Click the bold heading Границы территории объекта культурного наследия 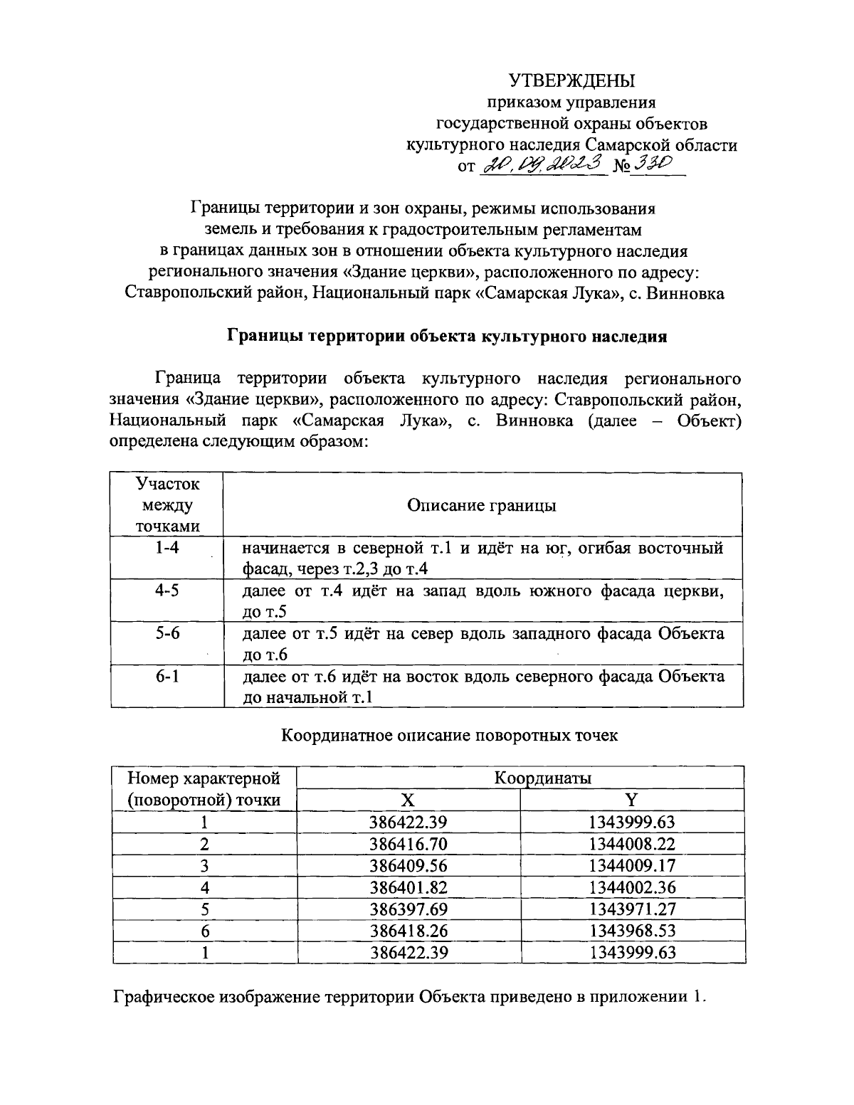(446, 336)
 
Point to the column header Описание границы (482, 505)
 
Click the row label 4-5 (167, 591)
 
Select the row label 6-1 (167, 676)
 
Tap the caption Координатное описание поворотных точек (449, 735)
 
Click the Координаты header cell (543, 778)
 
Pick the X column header (407, 800)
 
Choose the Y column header (631, 800)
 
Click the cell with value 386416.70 (408, 844)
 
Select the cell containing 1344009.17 (632, 865)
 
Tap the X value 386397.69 (408, 909)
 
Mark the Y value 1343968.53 (632, 930)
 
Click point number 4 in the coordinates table (204, 887)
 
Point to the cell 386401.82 (408, 887)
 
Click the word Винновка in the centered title (685, 292)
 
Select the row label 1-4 (167, 548)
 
